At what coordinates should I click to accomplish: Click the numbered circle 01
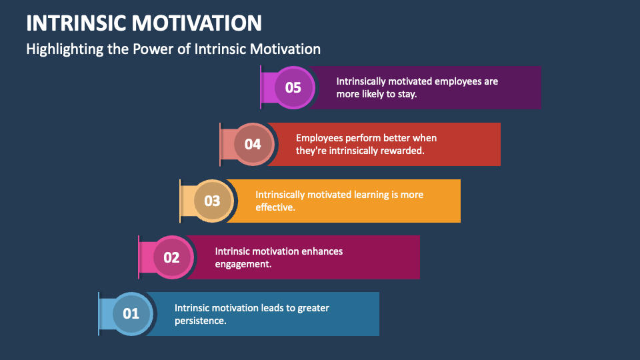(x=131, y=313)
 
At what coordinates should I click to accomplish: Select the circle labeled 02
(x=172, y=257)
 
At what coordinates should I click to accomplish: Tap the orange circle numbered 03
(x=212, y=200)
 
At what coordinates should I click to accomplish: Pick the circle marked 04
(x=252, y=144)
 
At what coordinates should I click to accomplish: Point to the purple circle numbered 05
(x=293, y=87)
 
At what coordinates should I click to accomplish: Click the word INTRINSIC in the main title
(x=75, y=23)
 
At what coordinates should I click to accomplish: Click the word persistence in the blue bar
(x=200, y=321)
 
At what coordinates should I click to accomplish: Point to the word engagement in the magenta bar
(x=243, y=264)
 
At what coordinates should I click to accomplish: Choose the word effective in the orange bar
(x=275, y=207)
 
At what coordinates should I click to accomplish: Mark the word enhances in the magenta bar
(x=321, y=251)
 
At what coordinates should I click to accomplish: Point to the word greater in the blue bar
(x=314, y=308)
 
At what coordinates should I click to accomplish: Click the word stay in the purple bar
(x=407, y=94)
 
